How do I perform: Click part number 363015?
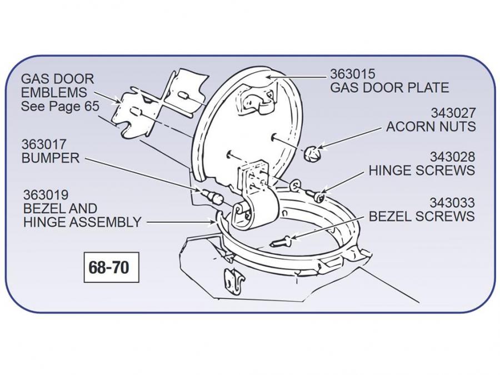[x=353, y=74]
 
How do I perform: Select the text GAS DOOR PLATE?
[x=389, y=88]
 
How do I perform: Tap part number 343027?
[x=453, y=113]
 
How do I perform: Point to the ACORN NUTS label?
[x=431, y=127]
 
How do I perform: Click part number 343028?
[x=453, y=157]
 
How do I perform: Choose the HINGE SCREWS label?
[x=422, y=171]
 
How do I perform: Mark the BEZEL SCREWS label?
[x=422, y=216]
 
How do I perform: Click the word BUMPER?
[x=51, y=158]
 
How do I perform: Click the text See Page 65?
[x=60, y=106]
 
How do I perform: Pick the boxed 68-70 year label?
[x=109, y=268]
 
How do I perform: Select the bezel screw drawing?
[x=283, y=241]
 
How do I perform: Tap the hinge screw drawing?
[x=315, y=194]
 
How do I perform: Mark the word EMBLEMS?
[x=54, y=92]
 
